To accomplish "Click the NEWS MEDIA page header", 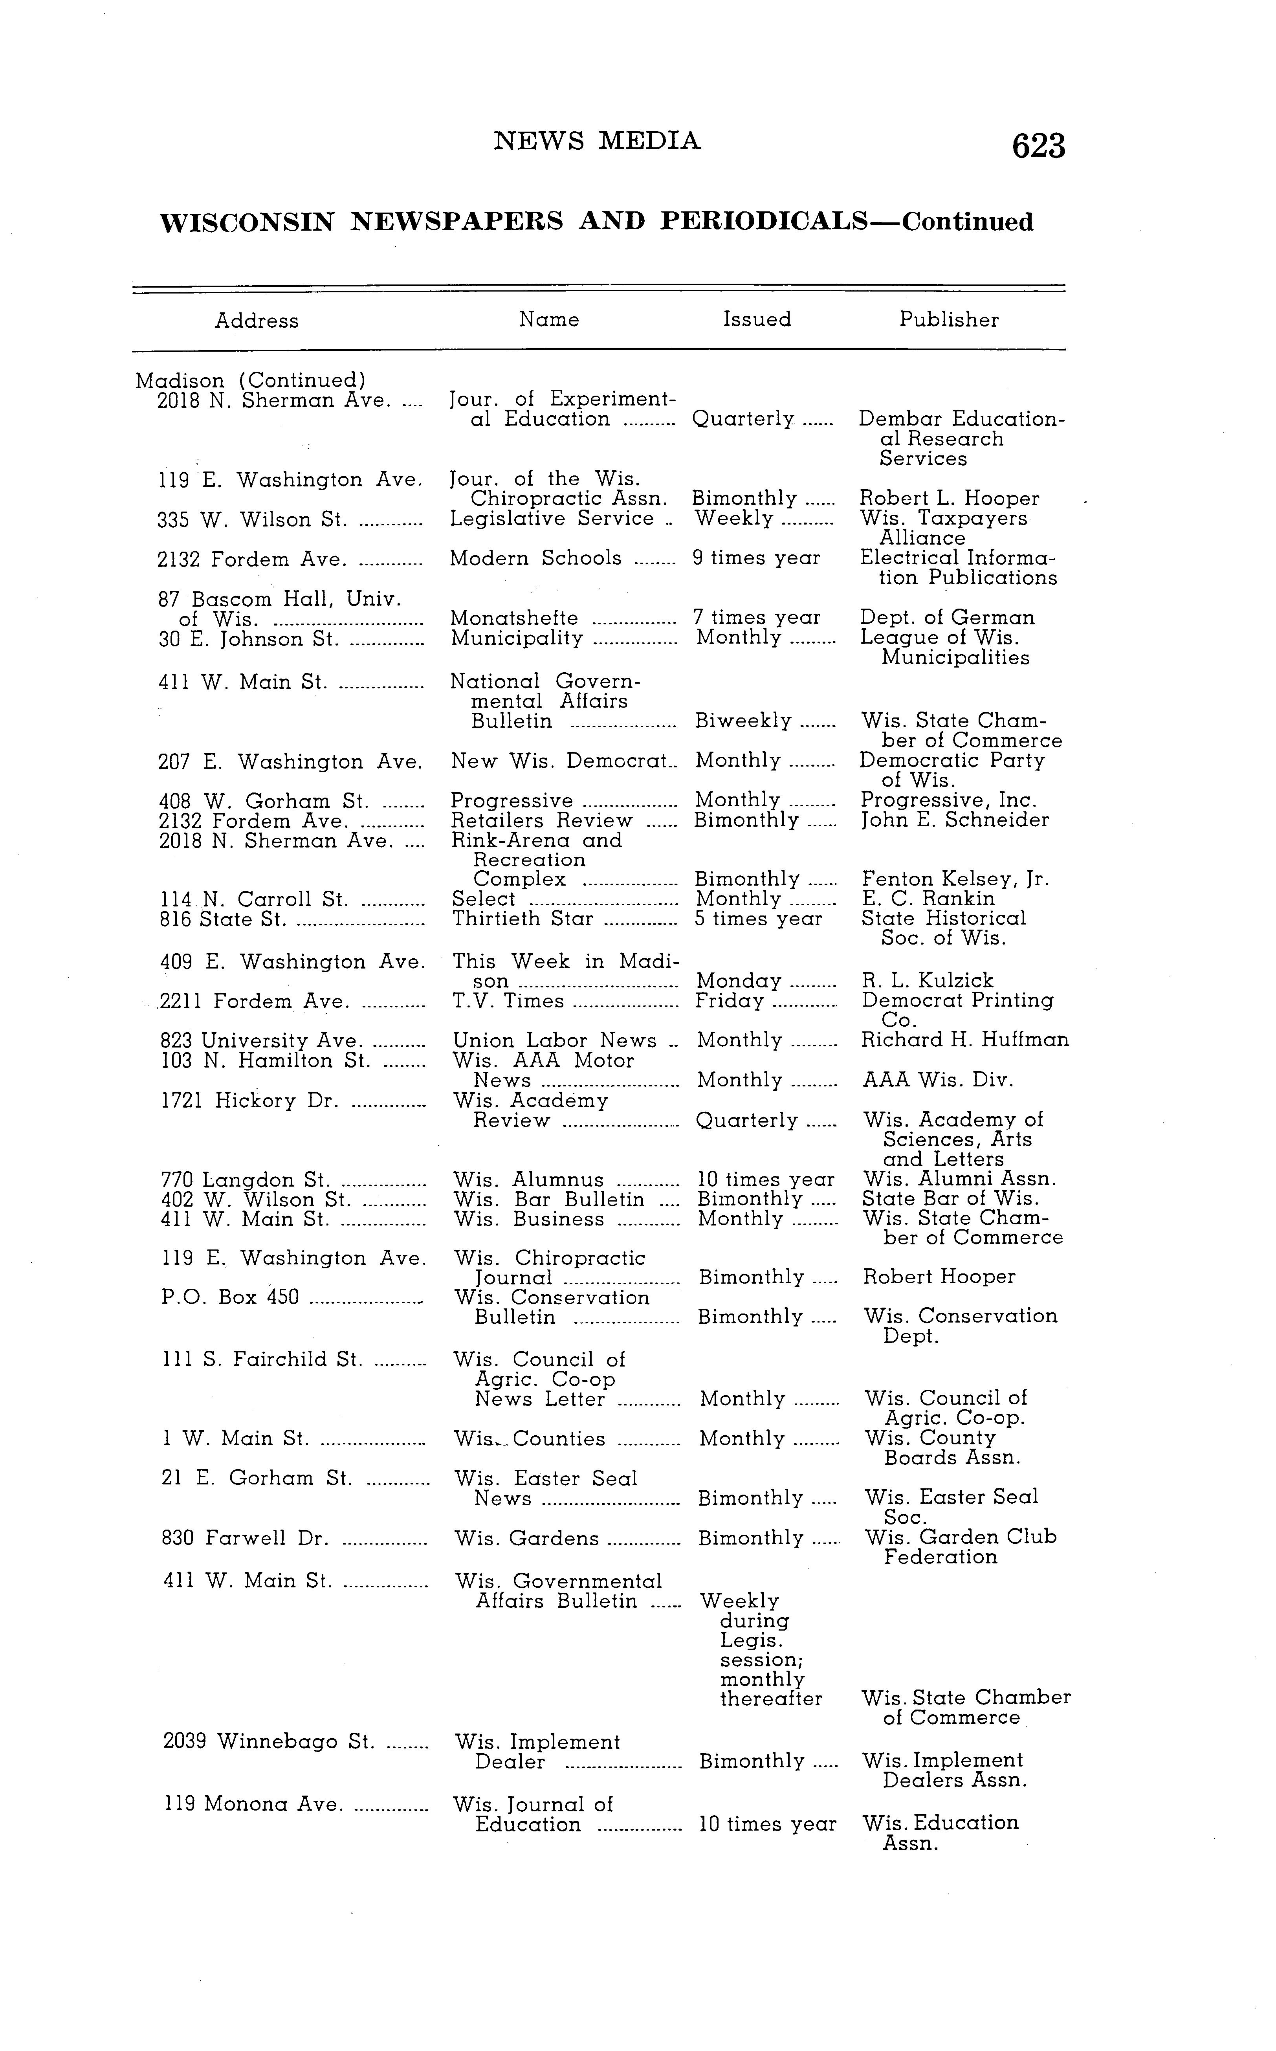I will coord(597,141).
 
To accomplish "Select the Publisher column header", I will coord(949,320).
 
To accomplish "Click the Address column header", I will coord(257,321).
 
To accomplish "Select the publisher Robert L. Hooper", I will coord(949,499).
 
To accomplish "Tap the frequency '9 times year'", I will coord(756,558).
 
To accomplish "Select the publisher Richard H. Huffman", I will coord(964,1040).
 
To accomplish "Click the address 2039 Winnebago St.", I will coord(268,1741).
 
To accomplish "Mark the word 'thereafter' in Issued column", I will coord(770,1699).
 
